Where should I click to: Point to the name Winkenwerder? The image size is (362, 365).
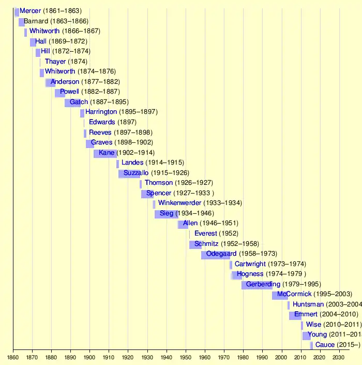(179, 203)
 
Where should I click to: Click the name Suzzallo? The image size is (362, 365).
(135, 173)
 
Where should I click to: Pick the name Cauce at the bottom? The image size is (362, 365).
(325, 345)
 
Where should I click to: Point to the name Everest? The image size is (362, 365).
(206, 234)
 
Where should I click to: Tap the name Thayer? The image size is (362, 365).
(55, 62)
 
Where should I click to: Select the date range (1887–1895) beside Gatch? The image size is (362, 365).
(110, 102)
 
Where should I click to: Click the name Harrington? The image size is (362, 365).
(101, 112)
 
